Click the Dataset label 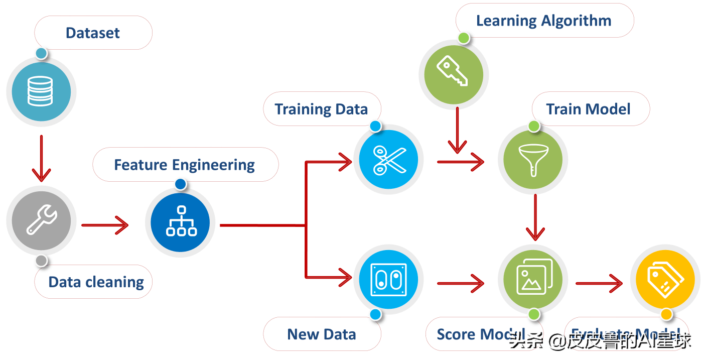coord(93,33)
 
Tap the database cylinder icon coord(40,91)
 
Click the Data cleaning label coord(96,282)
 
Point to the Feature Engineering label coord(184,165)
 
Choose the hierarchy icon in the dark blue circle coord(181,221)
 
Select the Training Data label coord(321,109)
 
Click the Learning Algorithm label coord(544,21)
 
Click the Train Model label coord(588,109)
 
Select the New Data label coord(322,334)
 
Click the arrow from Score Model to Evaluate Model coord(599,284)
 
